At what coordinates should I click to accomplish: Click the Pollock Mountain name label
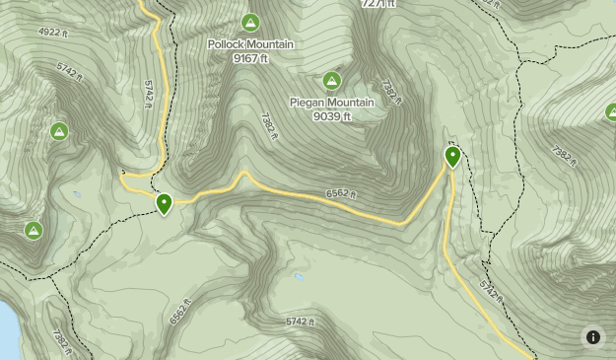click(250, 44)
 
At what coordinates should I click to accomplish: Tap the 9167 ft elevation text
click(250, 58)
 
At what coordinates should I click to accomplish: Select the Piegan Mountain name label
click(332, 103)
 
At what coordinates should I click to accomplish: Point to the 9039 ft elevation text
click(332, 116)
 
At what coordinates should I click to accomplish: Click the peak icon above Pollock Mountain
click(250, 23)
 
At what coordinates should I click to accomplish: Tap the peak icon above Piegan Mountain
click(332, 81)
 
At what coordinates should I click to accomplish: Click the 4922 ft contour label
click(53, 33)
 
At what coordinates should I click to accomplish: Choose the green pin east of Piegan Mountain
click(452, 156)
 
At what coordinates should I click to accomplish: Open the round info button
click(592, 337)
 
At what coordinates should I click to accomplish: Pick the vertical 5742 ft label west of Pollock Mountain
click(148, 94)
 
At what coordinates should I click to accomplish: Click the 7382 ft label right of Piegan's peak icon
click(391, 94)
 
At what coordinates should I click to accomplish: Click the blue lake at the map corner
click(7, 330)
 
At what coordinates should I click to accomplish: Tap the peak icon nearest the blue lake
click(33, 231)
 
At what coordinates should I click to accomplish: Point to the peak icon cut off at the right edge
click(611, 112)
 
